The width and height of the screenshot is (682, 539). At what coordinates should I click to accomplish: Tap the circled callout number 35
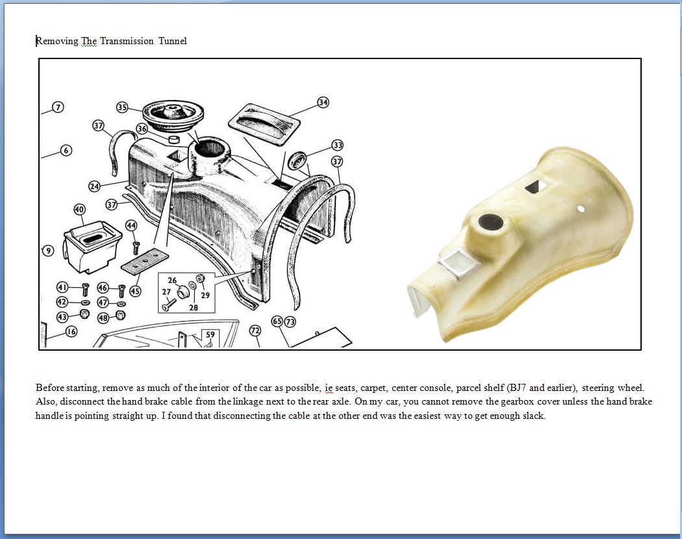[x=122, y=107]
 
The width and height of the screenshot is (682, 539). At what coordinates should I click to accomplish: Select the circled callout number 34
[x=323, y=102]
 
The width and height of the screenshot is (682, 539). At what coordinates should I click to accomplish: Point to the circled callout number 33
[x=338, y=145]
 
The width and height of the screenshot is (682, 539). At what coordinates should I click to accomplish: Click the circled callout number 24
[x=94, y=186]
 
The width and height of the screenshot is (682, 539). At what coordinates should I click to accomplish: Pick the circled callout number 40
[x=79, y=210]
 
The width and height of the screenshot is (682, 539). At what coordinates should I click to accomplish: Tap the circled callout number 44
[x=131, y=225]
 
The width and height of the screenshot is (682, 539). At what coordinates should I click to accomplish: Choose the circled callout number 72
[x=255, y=331]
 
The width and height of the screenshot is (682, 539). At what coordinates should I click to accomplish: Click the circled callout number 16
[x=71, y=331]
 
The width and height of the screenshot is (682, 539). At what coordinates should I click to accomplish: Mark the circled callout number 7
[x=58, y=107]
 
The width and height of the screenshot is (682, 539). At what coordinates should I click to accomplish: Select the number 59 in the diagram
[x=210, y=334]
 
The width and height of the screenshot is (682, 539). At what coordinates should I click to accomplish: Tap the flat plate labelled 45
[x=144, y=262]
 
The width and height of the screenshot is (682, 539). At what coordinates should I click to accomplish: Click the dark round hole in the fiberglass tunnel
[x=491, y=222]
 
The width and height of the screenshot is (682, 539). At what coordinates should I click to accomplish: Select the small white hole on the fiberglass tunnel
[x=581, y=209]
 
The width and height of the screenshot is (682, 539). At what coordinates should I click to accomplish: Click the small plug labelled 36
[x=175, y=139]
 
